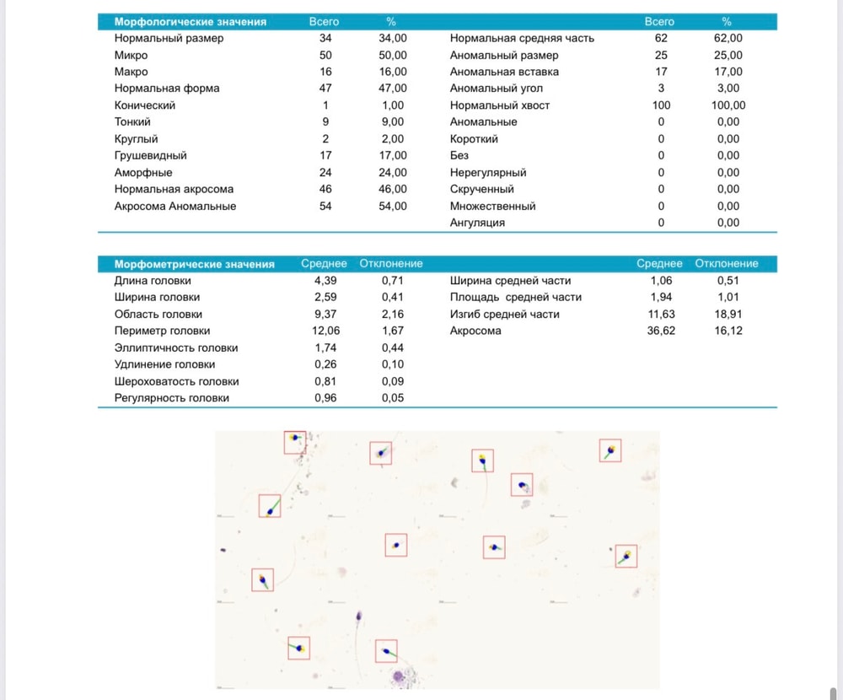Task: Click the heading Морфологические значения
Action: point(191,22)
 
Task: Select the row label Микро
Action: point(131,55)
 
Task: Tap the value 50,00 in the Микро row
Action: point(393,55)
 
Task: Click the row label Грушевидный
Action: point(151,155)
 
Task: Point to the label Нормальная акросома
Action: point(174,190)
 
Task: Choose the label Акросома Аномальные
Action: point(175,206)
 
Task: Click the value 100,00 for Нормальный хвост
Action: point(728,105)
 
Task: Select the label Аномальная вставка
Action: point(504,72)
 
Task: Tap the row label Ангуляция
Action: point(477,223)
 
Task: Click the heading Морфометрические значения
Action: point(194,264)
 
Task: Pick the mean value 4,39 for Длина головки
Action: point(325,280)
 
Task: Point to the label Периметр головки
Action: point(163,331)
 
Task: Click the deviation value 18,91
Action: point(728,315)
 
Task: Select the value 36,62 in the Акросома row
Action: point(661,331)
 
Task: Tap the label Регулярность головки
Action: point(171,398)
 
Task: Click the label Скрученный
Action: point(481,190)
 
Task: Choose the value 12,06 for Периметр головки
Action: point(325,331)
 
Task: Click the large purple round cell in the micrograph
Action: point(399,676)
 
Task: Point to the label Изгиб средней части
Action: point(505,315)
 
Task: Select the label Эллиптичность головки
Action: point(176,348)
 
